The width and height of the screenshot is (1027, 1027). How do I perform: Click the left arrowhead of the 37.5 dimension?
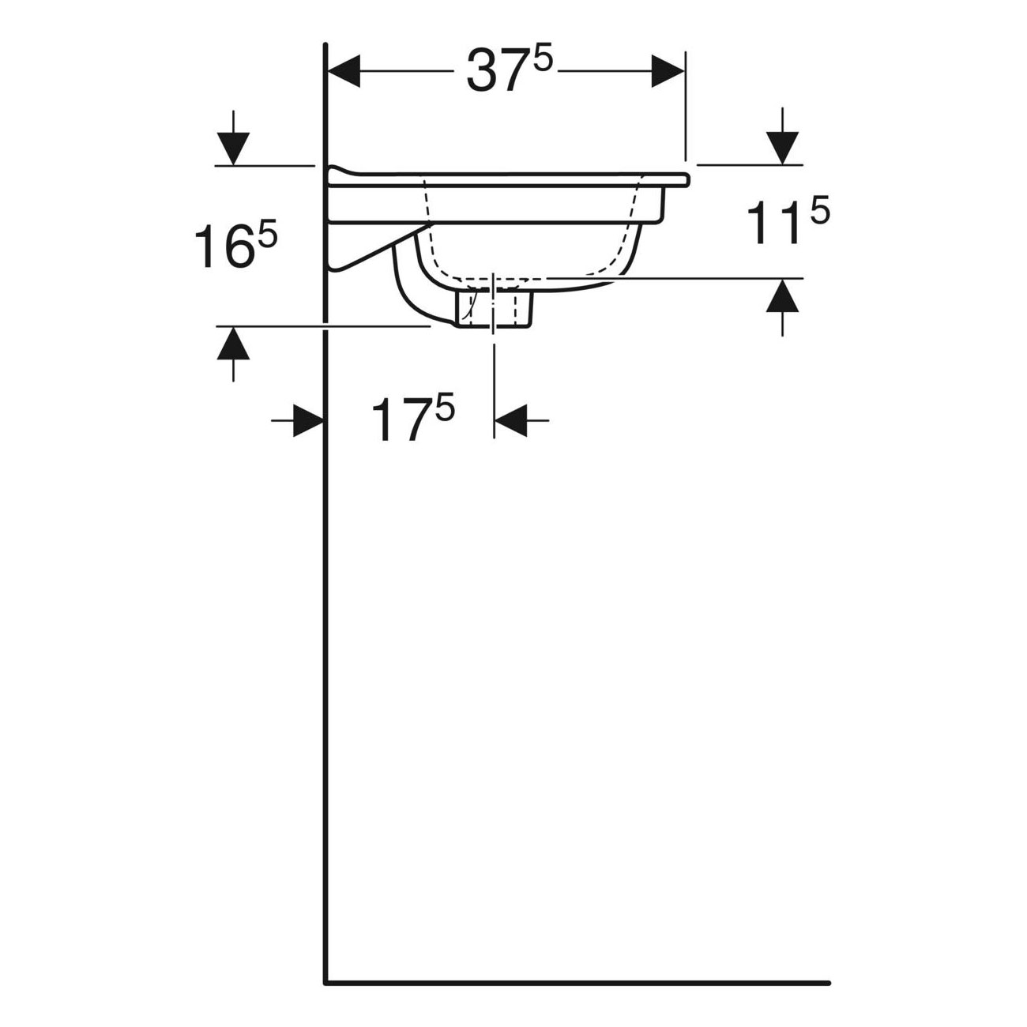pyautogui.click(x=344, y=70)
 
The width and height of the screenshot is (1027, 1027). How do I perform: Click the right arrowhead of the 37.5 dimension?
pyautogui.click(x=668, y=70)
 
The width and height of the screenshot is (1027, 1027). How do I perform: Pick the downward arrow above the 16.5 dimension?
pyautogui.click(x=233, y=137)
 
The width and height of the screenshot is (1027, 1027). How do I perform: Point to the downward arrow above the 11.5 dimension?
pyautogui.click(x=782, y=136)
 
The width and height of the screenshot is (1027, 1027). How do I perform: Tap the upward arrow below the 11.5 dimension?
pyautogui.click(x=782, y=307)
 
